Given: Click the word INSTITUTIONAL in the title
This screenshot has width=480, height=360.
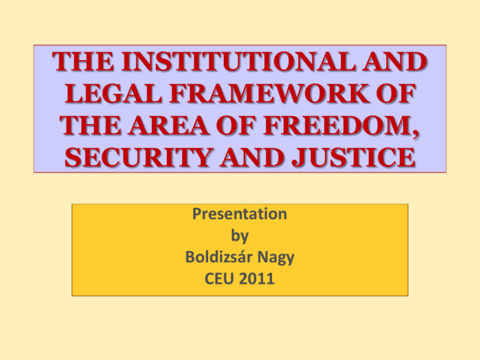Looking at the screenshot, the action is click(238, 61).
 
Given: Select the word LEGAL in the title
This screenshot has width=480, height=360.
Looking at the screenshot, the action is click(114, 93).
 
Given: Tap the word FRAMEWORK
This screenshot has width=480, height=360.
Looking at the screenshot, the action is click(269, 93).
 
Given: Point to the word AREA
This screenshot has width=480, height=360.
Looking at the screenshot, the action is click(168, 126).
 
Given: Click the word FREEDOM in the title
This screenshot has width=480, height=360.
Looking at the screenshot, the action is click(338, 126).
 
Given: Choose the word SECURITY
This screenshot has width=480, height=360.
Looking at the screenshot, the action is click(138, 157).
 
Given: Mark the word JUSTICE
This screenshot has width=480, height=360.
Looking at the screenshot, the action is click(353, 157).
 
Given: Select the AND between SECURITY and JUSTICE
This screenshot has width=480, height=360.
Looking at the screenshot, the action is click(252, 157).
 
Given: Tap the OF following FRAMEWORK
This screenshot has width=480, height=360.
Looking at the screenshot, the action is click(396, 93).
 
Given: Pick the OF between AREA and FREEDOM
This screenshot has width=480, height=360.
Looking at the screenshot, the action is click(236, 126).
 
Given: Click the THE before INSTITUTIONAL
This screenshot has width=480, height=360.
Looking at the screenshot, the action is click(83, 61).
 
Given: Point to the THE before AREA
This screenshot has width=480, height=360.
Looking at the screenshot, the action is click(90, 126).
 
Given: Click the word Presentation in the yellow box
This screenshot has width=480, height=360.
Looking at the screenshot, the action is click(240, 214).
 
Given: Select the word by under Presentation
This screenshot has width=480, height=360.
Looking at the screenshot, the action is click(240, 236).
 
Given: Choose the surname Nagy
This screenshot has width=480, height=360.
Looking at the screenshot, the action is click(276, 257).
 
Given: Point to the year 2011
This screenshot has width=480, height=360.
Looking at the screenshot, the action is click(256, 279).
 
